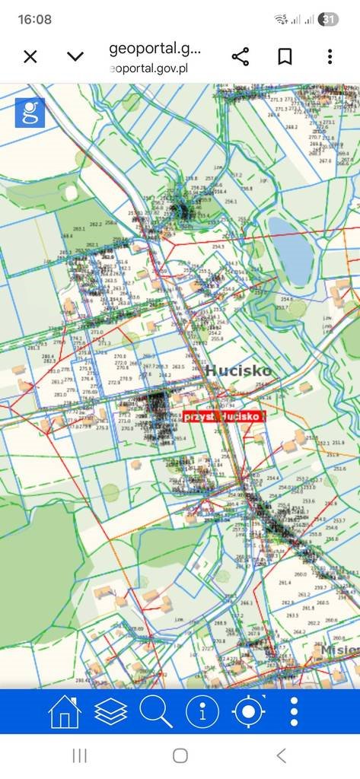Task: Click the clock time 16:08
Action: pos(34,20)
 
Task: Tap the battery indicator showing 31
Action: pos(329,20)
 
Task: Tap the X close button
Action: pos(30,56)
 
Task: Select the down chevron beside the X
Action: pos(75,56)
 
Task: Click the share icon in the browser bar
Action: pos(241,56)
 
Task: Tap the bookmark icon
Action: pos(285,56)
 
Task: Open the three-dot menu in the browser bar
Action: pos(330,56)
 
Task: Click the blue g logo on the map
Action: pos(30,113)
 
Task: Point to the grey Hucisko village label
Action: pos(237,370)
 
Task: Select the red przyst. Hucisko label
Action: pos(224,416)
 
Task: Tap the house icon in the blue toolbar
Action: pos(65,712)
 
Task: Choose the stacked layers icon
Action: pos(110,712)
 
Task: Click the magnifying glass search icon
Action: pos(156,712)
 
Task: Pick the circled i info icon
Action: pos(202,712)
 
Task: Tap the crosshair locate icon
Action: pos(248,712)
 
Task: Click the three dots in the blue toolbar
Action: pos(295,712)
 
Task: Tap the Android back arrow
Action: pos(281,755)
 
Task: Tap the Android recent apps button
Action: pos(79,755)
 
